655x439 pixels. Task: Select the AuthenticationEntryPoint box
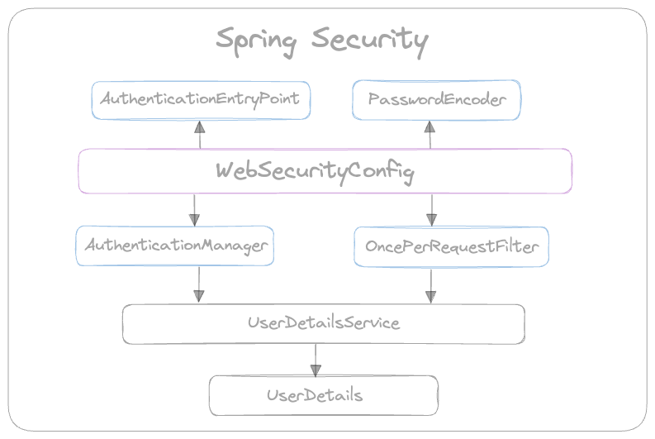pos(200,99)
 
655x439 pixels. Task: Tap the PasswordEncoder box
pos(436,99)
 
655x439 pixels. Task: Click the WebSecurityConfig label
pos(315,171)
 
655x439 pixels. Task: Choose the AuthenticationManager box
pos(176,246)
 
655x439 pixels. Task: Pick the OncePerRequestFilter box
pos(451,246)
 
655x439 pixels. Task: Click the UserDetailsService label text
pos(324,323)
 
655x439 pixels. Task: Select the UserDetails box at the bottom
pos(315,395)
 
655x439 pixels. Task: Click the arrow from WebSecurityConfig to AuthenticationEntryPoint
pos(200,136)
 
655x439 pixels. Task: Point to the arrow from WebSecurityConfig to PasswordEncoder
pos(430,136)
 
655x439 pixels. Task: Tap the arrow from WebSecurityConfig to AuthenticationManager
pos(194,209)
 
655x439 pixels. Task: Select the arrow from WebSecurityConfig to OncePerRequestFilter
pos(431,209)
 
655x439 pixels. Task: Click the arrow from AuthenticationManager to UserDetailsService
pos(198,284)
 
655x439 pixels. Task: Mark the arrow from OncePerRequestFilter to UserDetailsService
pos(430,285)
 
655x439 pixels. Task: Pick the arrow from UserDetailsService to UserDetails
pos(314,358)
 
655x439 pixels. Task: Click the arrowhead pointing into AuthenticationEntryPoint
pos(200,126)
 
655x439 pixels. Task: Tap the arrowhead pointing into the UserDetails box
pos(314,369)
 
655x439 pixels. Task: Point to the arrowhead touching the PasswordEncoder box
pos(430,126)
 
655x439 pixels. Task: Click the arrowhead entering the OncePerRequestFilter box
pos(431,220)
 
